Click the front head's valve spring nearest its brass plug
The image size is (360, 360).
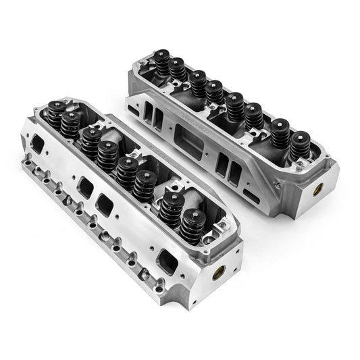click(191, 224)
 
